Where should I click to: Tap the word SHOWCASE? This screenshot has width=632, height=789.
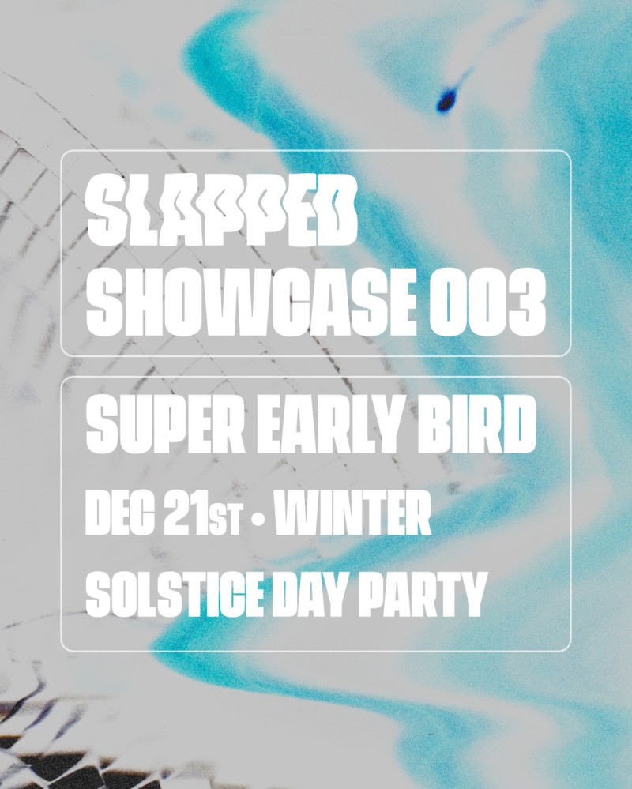click(x=251, y=302)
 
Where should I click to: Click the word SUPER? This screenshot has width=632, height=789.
click(x=166, y=423)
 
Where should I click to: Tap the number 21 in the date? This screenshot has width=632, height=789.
click(x=186, y=513)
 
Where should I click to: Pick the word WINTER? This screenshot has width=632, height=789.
click(x=353, y=513)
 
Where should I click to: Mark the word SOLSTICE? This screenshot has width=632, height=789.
click(x=175, y=594)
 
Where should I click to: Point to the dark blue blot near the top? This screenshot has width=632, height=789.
click(x=446, y=99)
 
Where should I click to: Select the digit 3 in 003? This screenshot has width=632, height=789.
click(x=528, y=302)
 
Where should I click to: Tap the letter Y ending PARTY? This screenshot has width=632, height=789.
click(x=467, y=594)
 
